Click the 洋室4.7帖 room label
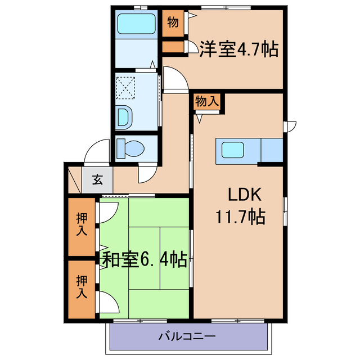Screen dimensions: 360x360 click(x=238, y=49)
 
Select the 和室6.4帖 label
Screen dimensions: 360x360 click(x=145, y=259)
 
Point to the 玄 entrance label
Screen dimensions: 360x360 click(x=97, y=180)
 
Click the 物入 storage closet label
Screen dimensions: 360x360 click(x=207, y=102)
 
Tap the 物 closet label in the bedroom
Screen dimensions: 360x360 click(x=173, y=23)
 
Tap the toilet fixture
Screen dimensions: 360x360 click(x=130, y=148)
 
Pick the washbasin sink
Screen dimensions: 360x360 click(x=124, y=117)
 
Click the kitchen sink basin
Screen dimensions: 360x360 click(x=233, y=150)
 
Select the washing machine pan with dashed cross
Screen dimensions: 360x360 click(x=125, y=87)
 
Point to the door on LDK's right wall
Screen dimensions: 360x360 click(x=290, y=127)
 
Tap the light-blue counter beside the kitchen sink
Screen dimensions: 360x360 click(x=271, y=150)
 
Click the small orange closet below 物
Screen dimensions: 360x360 click(x=173, y=47)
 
